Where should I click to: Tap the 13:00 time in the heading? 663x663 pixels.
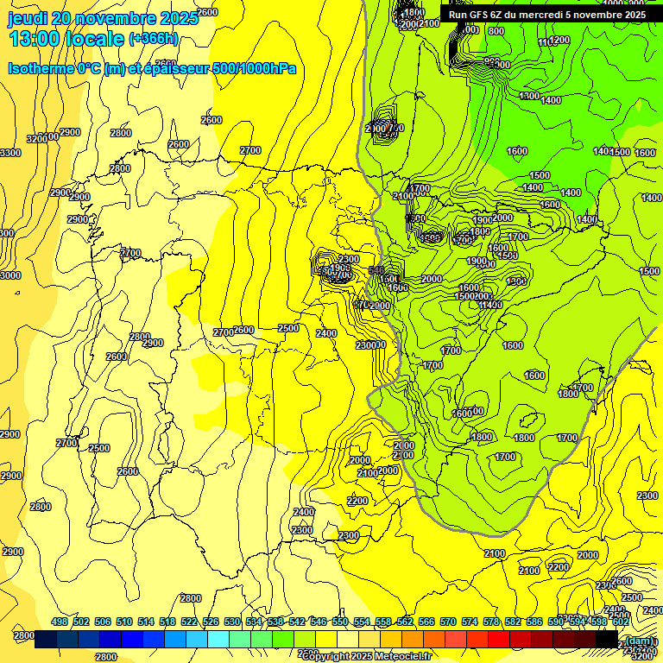tap(35, 39)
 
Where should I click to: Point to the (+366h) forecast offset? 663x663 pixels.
tap(154, 39)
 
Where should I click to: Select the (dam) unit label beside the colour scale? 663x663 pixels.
tap(639, 640)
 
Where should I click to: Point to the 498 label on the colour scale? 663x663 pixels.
tap(60, 622)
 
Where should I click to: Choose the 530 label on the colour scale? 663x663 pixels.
tap(232, 622)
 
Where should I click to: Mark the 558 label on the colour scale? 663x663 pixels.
tap(383, 622)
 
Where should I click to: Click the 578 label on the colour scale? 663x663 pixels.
tap(491, 622)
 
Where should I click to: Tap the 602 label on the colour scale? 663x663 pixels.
tap(621, 622)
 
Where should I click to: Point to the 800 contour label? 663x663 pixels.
tap(496, 31)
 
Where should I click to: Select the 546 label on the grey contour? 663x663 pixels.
tap(376, 271)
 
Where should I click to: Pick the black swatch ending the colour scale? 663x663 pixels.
tap(607, 640)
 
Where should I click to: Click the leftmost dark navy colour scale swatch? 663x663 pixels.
tap(47, 640)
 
